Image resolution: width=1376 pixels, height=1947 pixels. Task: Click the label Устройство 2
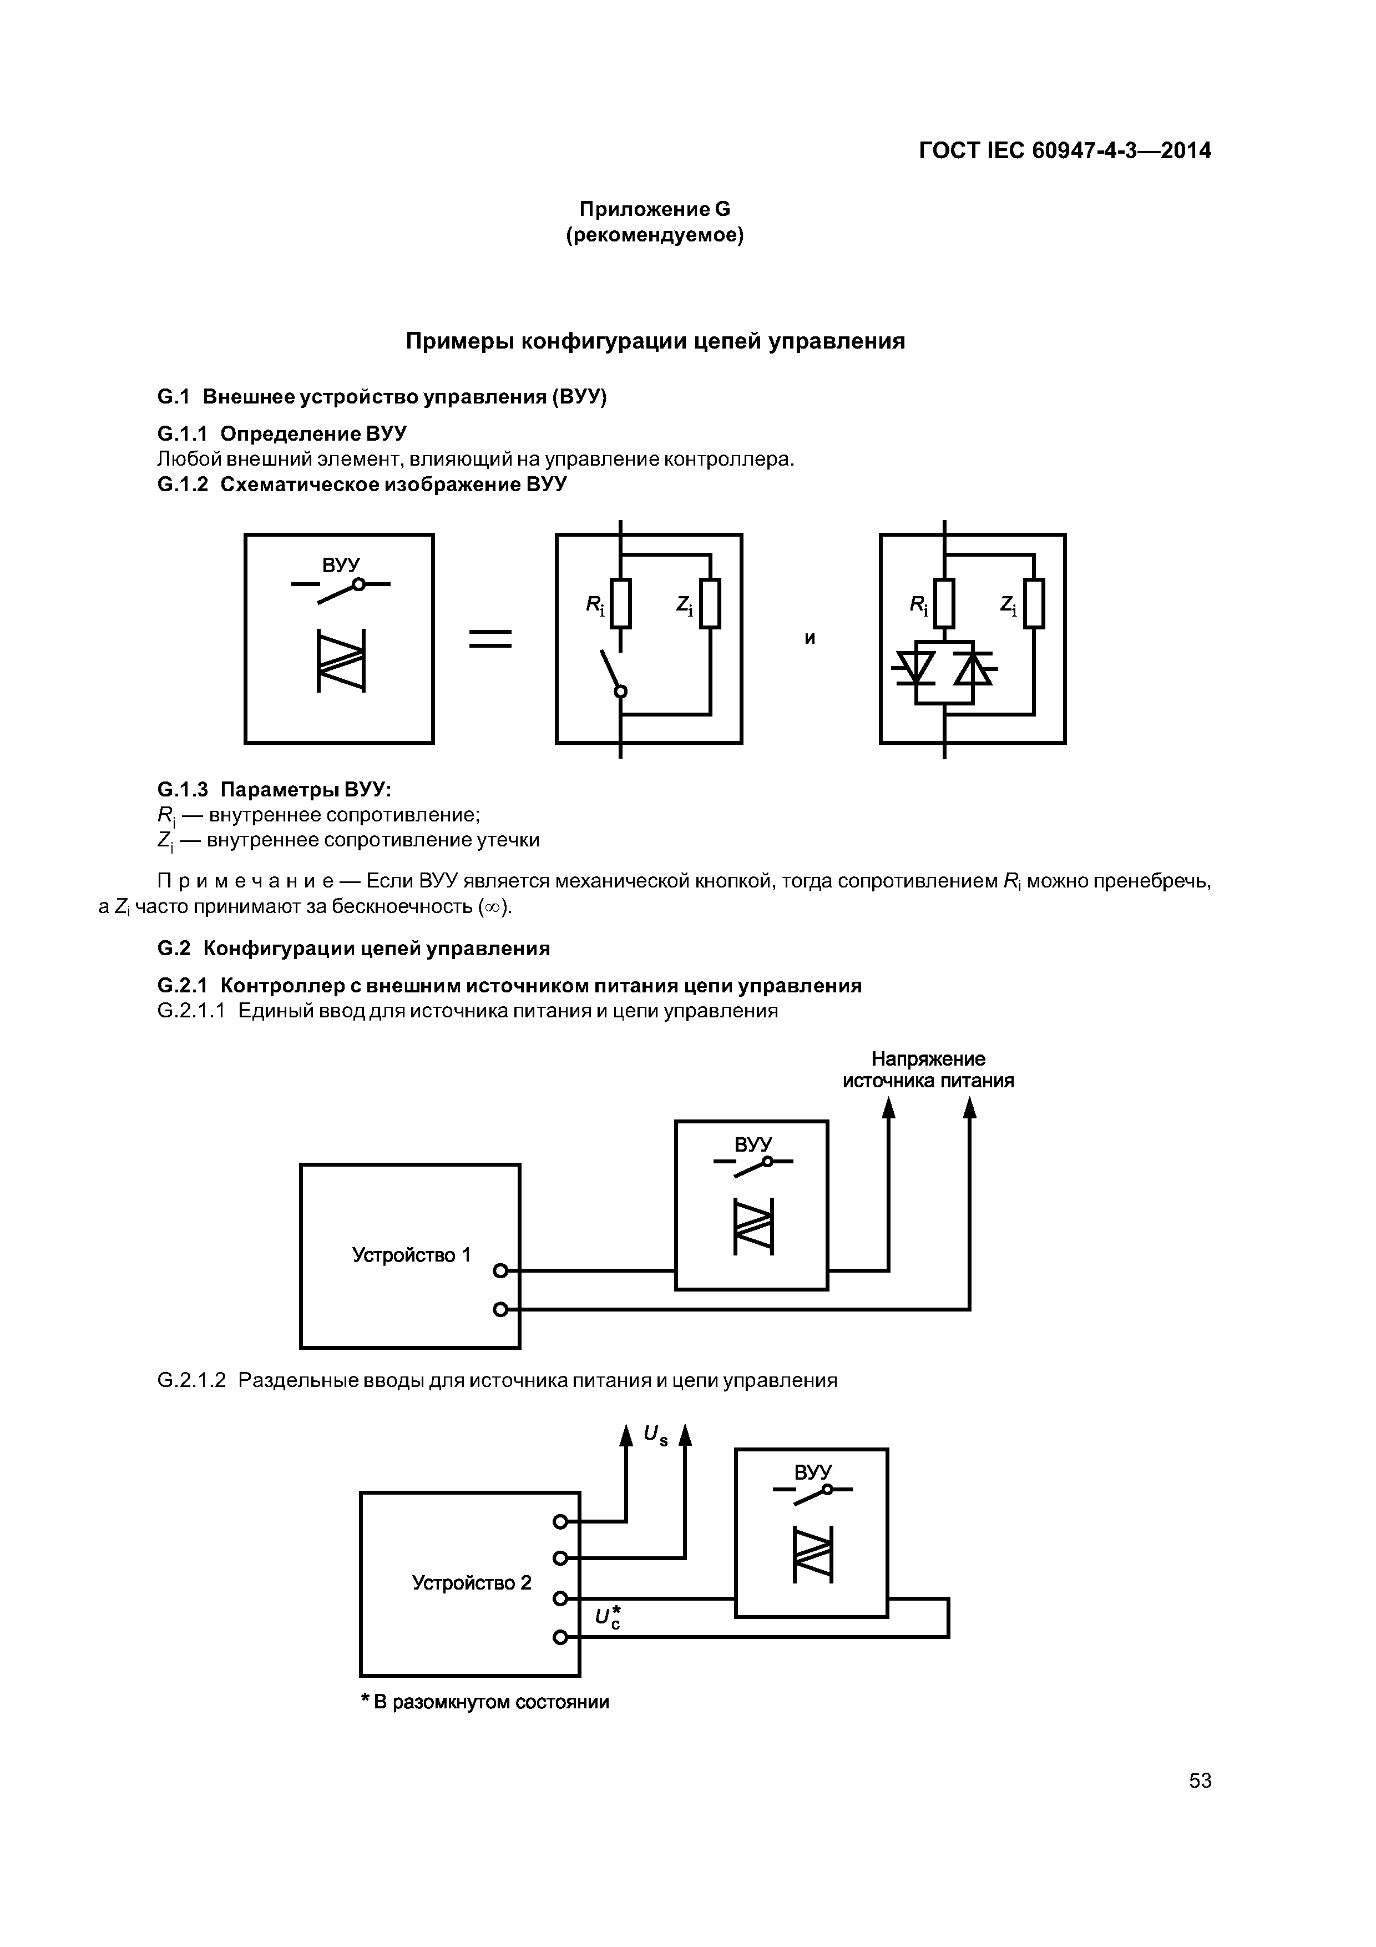point(472,1582)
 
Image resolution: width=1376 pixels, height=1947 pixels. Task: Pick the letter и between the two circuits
point(810,638)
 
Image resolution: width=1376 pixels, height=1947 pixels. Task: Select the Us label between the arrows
point(655,1435)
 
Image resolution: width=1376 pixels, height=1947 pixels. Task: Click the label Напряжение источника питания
point(928,1070)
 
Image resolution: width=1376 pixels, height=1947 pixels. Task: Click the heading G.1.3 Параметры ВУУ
point(275,789)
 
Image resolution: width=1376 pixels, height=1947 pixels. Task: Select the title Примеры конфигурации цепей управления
point(655,341)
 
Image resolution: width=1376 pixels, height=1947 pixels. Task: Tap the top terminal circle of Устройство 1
point(500,1270)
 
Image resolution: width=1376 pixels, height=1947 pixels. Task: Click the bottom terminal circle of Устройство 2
point(560,1637)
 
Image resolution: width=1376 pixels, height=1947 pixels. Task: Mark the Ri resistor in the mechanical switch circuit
point(621,603)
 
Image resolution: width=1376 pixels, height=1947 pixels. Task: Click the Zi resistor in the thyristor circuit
point(1034,603)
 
